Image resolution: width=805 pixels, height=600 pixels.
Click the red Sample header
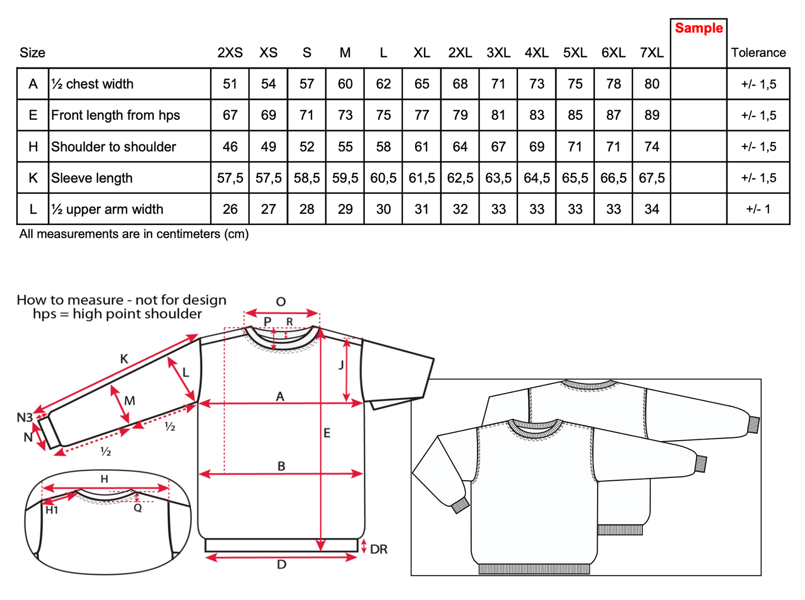[x=699, y=28]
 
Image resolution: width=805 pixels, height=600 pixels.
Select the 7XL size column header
[x=651, y=53]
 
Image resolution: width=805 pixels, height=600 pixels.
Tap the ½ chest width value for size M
[x=345, y=84]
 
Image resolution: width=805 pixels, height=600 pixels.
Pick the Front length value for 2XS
[x=230, y=115]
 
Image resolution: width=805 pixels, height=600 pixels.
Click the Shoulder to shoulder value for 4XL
[x=536, y=147]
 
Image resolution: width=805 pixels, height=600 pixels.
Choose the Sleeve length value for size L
[x=383, y=178]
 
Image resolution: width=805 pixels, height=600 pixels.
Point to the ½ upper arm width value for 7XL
[x=651, y=209]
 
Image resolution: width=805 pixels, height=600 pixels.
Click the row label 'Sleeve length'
[x=92, y=178]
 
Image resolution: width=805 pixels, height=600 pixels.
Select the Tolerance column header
[x=758, y=53]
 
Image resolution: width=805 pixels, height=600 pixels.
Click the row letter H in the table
[x=33, y=147]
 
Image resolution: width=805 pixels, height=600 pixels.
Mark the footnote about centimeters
[x=134, y=234]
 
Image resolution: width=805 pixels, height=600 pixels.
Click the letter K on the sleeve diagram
[x=124, y=359]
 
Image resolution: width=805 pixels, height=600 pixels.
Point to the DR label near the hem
[x=378, y=550]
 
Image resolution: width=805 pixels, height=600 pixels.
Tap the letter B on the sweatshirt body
[x=281, y=466]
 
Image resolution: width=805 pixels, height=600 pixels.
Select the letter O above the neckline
[x=281, y=302]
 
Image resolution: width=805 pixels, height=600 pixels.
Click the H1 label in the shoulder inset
[x=52, y=510]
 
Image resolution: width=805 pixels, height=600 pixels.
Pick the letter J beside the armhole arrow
[x=341, y=365]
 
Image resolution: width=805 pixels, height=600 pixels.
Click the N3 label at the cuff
[x=25, y=417]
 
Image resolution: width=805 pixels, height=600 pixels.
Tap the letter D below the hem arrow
[x=281, y=565]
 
